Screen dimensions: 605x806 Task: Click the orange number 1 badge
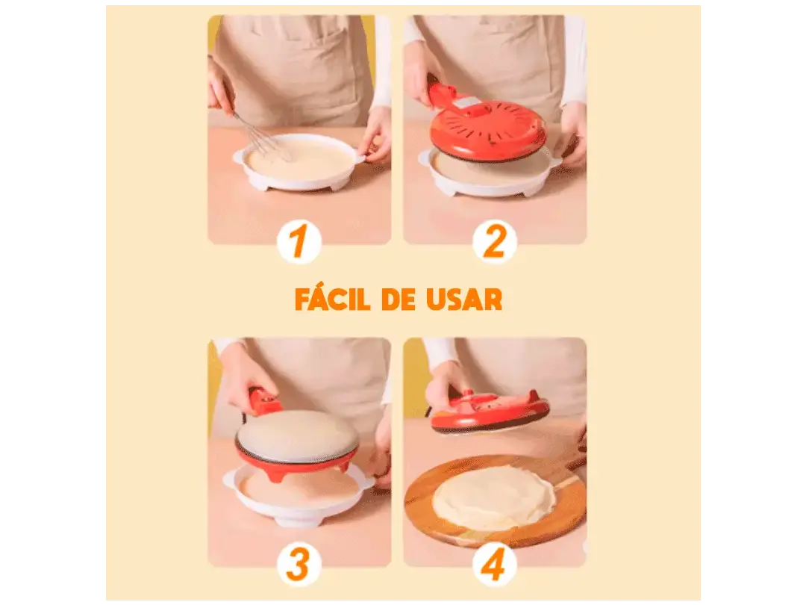pyautogui.click(x=299, y=242)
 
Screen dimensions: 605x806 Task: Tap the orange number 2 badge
pyautogui.click(x=494, y=242)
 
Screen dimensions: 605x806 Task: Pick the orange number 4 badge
pyautogui.click(x=494, y=565)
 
